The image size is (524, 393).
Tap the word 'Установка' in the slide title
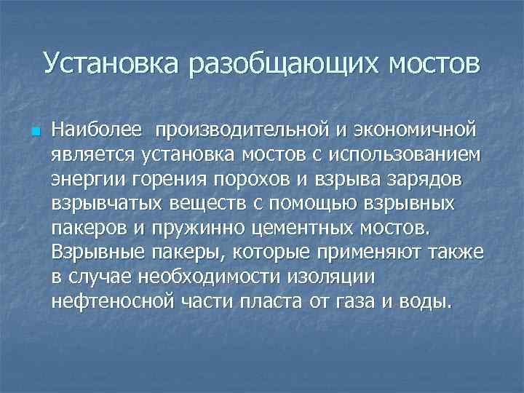(111, 63)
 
